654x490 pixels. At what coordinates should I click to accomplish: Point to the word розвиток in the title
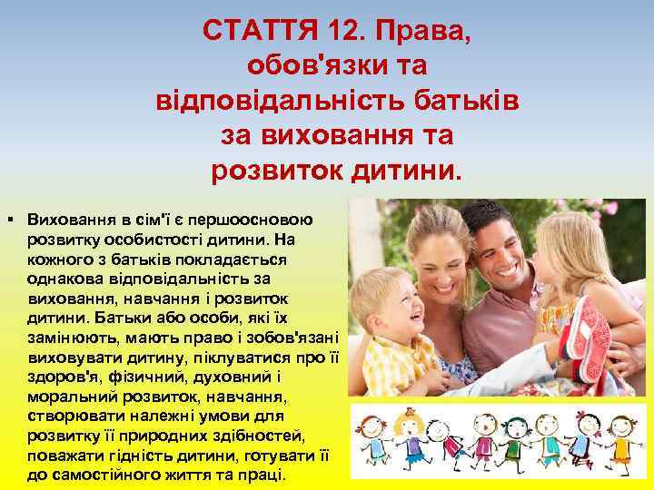(283, 169)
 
